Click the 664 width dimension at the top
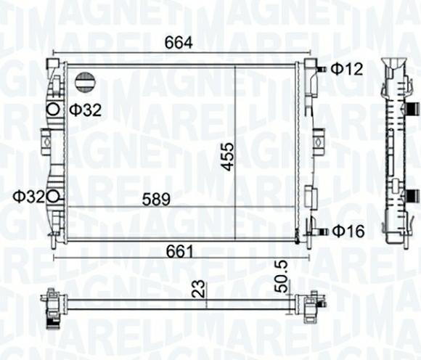pos(179,42)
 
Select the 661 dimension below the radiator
pos(179,252)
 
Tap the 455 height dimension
pos(229,157)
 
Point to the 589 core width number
pos(156,200)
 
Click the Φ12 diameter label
pos(347,69)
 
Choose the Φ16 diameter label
pos(348,232)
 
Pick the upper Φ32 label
pos(86,110)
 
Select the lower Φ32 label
pos(29,197)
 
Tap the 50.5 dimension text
pos(282,277)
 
